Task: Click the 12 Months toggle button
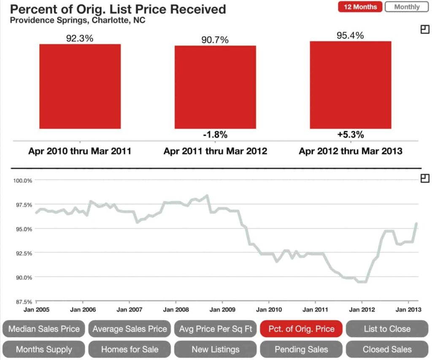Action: tap(360, 7)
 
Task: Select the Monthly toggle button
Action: tap(407, 7)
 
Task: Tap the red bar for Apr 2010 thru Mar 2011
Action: tap(80, 86)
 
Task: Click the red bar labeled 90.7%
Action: tap(215, 87)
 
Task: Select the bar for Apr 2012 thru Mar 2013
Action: tap(350, 85)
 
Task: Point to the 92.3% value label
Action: tap(80, 38)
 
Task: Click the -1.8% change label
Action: tap(215, 135)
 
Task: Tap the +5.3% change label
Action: tap(350, 135)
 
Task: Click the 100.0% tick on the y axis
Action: tap(21, 181)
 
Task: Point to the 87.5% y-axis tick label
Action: tap(21, 302)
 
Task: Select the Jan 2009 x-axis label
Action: tap(222, 309)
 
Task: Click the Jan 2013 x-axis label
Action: tap(408, 309)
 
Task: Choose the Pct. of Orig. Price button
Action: tap(301, 329)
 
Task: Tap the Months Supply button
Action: tap(44, 349)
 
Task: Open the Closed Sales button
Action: tap(387, 349)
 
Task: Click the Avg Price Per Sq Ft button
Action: tap(215, 329)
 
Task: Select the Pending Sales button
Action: tap(301, 349)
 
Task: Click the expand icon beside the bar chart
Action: tap(425, 29)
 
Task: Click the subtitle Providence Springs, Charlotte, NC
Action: tap(77, 20)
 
